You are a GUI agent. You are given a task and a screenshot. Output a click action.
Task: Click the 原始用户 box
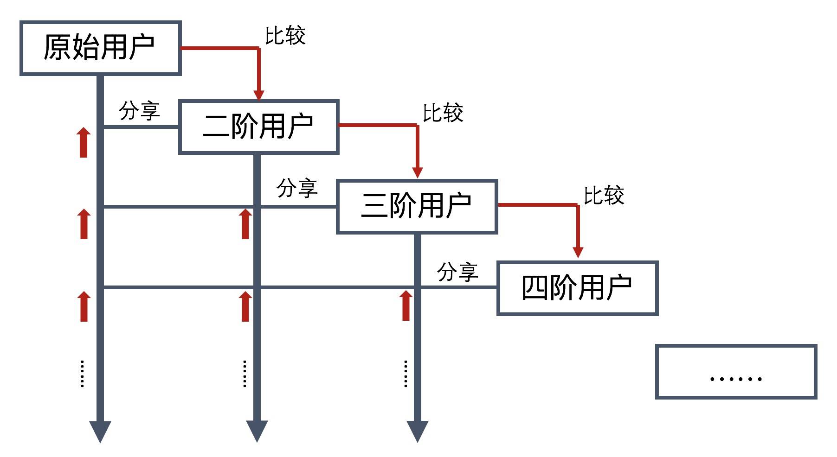(x=100, y=48)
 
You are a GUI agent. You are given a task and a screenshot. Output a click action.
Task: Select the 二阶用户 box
(x=259, y=127)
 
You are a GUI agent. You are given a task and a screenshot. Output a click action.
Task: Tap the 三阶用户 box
(x=417, y=206)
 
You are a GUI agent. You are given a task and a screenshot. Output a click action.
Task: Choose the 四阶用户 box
(x=577, y=288)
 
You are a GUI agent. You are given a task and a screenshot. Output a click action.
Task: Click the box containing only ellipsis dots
(x=736, y=371)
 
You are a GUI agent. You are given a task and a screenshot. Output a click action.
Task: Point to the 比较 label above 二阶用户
(x=285, y=36)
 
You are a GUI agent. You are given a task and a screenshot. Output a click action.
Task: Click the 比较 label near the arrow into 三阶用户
(x=443, y=114)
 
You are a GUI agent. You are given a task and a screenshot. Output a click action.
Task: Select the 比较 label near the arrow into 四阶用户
(x=604, y=196)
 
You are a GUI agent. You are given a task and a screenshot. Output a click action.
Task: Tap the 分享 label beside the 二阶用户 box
(x=139, y=111)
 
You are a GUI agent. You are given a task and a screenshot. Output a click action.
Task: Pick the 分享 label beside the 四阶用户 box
(x=457, y=272)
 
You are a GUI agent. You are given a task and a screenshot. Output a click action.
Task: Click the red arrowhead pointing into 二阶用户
(x=259, y=94)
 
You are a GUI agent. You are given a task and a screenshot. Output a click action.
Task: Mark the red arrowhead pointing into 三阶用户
(x=418, y=172)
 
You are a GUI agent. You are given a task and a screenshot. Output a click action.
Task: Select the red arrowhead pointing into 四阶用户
(x=578, y=252)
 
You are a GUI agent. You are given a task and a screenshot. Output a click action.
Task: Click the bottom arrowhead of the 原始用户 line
(x=100, y=431)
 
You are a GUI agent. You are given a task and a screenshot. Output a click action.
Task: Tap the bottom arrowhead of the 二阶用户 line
(x=257, y=431)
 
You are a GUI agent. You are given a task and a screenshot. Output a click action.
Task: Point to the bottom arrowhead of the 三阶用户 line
(x=418, y=431)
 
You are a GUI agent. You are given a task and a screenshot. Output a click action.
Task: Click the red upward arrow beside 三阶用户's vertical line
(x=406, y=305)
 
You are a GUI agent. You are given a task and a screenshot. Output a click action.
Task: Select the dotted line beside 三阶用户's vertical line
(x=406, y=374)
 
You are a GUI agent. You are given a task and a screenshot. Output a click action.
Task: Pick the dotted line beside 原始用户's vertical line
(x=83, y=374)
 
